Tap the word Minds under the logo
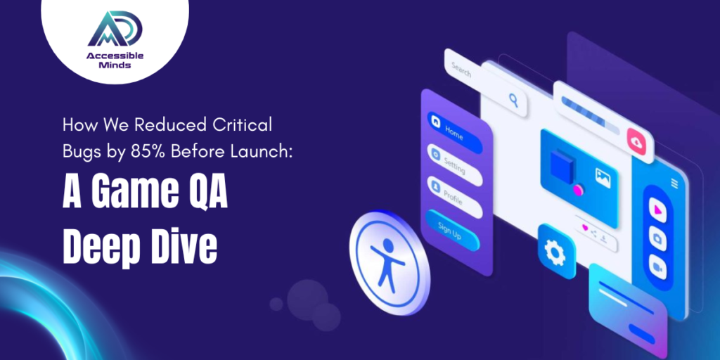pos(115,65)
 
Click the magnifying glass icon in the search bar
pos(513,100)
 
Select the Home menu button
pos(454,132)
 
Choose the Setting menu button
pos(454,165)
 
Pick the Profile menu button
pos(454,197)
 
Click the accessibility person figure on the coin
pos(387,264)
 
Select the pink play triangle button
pos(657,210)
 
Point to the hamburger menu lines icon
pos(674,184)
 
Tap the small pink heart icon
pos(585,227)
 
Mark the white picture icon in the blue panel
pos(603,178)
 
